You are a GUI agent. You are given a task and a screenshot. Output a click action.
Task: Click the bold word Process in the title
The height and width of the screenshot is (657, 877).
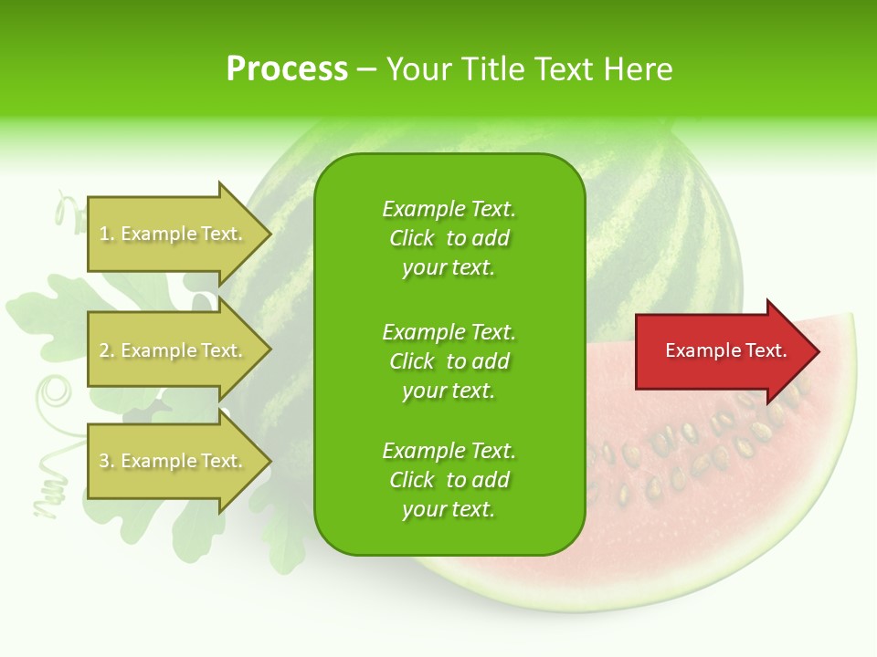pos(287,69)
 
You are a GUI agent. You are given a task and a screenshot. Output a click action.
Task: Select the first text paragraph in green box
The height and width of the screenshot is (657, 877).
pos(449,238)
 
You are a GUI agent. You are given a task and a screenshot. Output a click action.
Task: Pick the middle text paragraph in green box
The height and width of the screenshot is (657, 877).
pos(449,361)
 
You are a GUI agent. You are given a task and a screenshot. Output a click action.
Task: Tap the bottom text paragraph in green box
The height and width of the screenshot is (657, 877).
pos(449,480)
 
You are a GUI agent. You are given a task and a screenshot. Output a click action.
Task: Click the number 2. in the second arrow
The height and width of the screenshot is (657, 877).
pos(107,350)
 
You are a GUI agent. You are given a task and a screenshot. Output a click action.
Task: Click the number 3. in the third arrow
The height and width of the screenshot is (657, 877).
pos(107,461)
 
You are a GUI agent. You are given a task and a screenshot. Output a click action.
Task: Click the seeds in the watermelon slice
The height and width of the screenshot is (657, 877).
pos(694,456)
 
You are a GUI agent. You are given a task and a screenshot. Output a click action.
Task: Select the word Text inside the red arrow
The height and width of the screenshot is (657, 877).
pos(766,350)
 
